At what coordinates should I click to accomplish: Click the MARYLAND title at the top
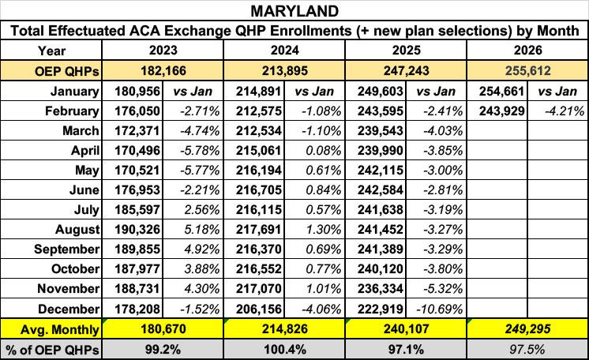pos(294,11)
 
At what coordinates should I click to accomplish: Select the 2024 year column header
pos(285,51)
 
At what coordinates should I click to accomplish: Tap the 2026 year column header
pos(527,51)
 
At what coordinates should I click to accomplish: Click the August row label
pos(77,229)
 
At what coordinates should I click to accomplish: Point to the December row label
pos(69,309)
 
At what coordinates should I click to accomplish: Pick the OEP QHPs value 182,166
pos(163,70)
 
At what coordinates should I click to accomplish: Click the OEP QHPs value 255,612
pos(527,70)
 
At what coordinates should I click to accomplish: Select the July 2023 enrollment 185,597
pos(137,210)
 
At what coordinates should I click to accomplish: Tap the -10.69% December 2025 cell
pos(440,309)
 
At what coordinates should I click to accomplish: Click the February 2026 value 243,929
pos(502,111)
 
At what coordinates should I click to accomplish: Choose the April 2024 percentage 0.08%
pos(324,151)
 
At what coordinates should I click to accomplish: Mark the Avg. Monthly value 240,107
pos(406,329)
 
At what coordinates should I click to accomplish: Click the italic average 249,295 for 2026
pos(527,329)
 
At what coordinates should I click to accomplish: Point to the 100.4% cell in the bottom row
pos(285,350)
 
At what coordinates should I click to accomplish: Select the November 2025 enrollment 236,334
pos(380,289)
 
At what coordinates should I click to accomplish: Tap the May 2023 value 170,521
pos(137,171)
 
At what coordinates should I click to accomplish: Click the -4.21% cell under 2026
pos(565,111)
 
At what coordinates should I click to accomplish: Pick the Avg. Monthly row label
pos(60,329)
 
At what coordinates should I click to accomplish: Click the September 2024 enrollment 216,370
pos(259,249)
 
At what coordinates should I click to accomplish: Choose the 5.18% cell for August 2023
pos(202,229)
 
